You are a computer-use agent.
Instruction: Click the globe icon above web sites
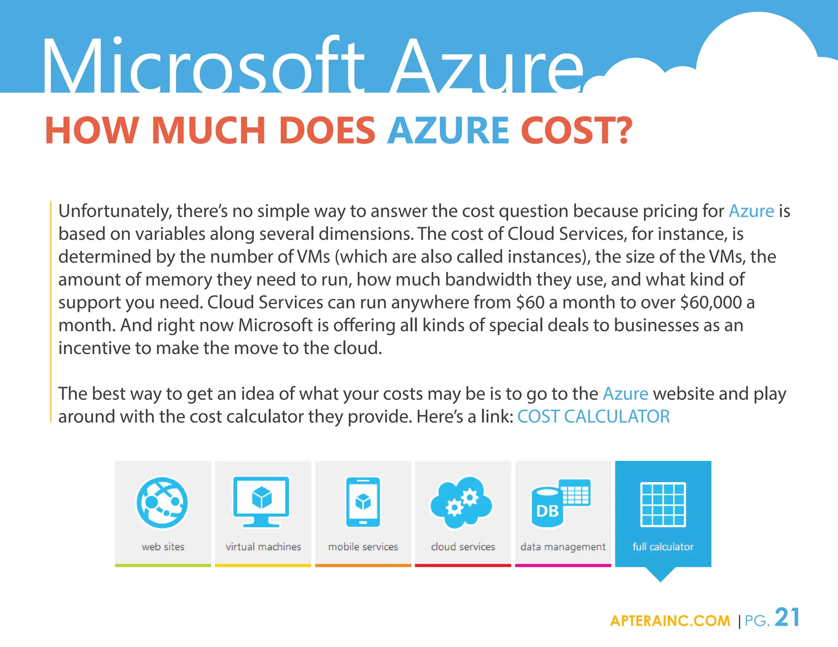pos(162,503)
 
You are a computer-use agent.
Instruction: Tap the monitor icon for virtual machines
pos(261,501)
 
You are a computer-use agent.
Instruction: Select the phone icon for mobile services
pos(363,502)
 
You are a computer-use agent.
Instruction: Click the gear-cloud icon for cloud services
pos(462,502)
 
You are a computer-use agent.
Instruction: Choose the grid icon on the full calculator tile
pos(663,504)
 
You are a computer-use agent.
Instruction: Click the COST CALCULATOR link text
pos(593,417)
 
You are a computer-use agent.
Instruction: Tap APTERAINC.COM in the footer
pos(670,621)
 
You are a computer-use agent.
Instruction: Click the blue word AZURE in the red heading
pos(448,130)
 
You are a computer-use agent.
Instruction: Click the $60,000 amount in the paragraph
pos(711,303)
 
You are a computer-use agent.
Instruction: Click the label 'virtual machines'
pos(263,547)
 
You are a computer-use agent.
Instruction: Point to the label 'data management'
pos(563,547)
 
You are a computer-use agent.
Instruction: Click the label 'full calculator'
pos(663,547)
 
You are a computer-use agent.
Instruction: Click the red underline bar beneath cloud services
pos(463,566)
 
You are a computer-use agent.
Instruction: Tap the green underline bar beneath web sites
pos(163,566)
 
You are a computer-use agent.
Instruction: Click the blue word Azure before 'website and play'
pos(625,394)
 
